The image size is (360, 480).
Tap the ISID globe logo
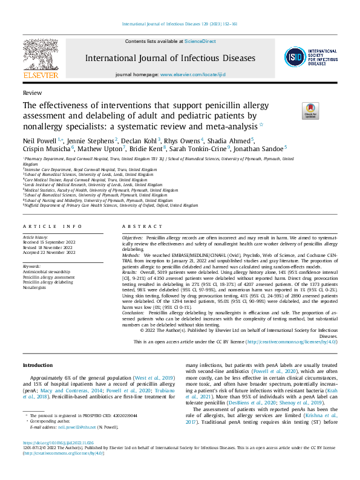tap(295, 58)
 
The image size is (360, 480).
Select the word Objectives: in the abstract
tap(133, 239)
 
